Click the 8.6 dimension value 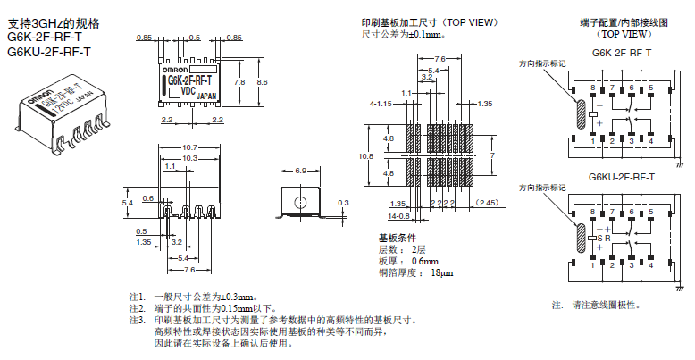(261, 81)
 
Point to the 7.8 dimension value (239, 81)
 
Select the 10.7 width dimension (188, 147)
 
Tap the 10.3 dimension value (188, 157)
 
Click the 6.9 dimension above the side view (300, 170)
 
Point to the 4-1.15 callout (381, 104)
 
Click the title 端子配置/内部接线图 (623, 22)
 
